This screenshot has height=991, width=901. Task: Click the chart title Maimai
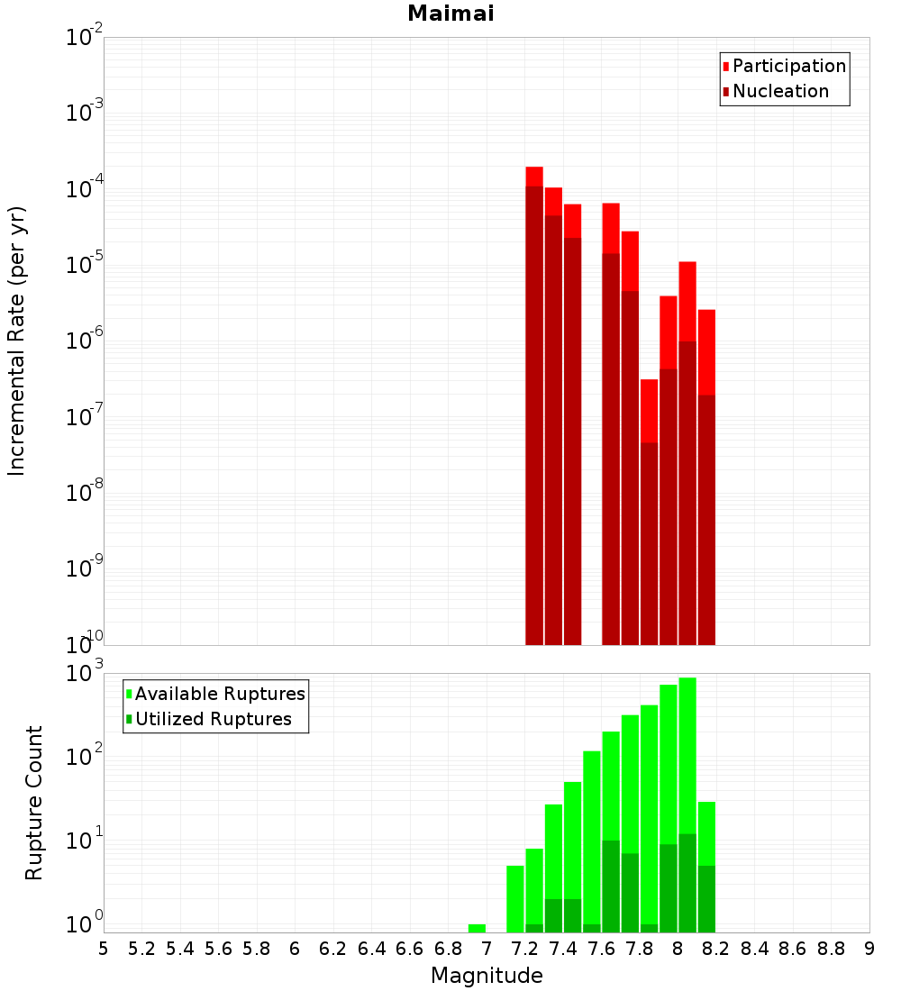click(450, 14)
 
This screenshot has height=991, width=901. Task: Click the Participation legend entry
click(788, 66)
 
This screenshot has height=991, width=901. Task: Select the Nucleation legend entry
click(779, 91)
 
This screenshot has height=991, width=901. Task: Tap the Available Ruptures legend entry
click(219, 694)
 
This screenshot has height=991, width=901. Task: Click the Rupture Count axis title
click(34, 803)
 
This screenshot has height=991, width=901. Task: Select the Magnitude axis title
click(487, 976)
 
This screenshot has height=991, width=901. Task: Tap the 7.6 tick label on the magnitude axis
click(601, 948)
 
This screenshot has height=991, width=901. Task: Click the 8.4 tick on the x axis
click(754, 948)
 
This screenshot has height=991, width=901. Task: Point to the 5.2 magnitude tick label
click(141, 948)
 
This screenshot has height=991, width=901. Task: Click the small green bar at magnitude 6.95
click(477, 928)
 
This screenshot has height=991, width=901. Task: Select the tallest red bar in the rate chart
click(534, 405)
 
